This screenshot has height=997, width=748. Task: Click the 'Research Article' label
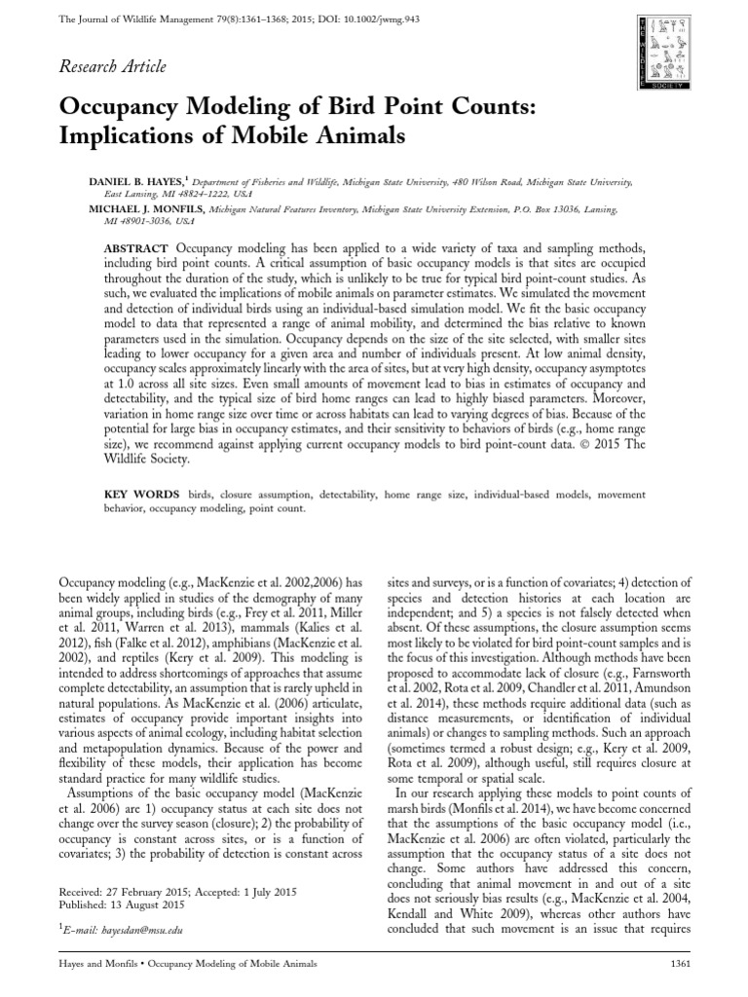pyautogui.click(x=113, y=67)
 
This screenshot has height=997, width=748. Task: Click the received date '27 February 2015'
pyautogui.click(x=171, y=892)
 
